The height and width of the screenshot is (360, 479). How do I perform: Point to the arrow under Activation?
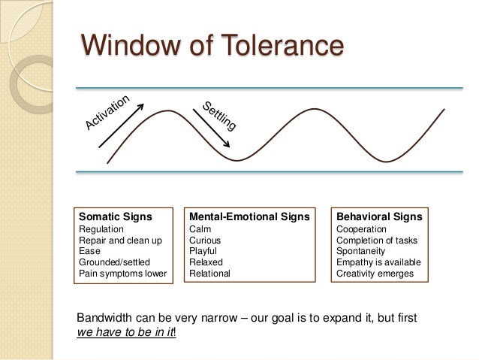[x=122, y=132]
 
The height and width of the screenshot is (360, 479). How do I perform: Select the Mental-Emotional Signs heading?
[x=249, y=217]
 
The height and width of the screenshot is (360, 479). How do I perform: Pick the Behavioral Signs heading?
[x=379, y=217]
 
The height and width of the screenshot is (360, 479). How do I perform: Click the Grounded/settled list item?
[x=114, y=262]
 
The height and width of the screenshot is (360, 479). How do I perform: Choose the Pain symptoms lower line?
[x=122, y=274]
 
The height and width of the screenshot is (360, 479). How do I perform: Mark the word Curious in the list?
[x=205, y=241]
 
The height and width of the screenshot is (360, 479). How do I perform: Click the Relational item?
[x=210, y=274]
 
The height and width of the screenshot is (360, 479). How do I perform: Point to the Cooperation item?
[x=362, y=229]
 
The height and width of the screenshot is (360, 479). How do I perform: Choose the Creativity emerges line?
[x=375, y=274]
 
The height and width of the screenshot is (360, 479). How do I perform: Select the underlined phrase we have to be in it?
[x=125, y=331]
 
